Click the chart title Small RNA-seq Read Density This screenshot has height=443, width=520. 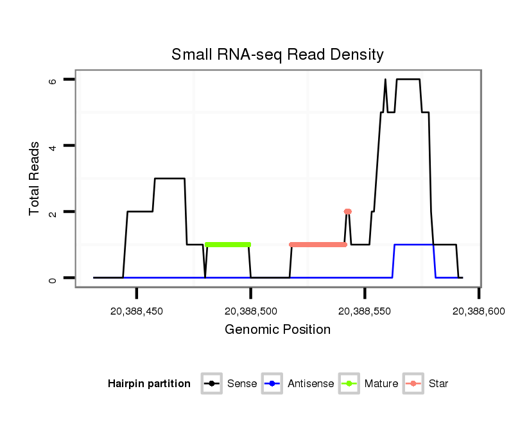[277, 55]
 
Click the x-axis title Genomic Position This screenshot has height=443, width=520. [277, 330]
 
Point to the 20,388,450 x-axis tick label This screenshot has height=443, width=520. [137, 311]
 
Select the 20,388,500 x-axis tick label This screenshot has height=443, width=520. [251, 311]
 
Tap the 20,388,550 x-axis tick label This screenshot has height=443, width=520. [365, 311]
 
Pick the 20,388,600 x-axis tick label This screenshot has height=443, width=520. [479, 311]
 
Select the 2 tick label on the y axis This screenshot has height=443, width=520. [53, 212]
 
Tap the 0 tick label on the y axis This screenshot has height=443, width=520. [53, 278]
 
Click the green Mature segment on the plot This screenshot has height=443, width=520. [228, 245]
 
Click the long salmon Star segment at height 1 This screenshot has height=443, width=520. [318, 245]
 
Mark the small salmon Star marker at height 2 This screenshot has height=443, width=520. [348, 211]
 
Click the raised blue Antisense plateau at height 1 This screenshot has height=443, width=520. [414, 245]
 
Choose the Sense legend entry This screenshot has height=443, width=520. [230, 384]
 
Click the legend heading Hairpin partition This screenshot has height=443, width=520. [149, 384]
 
